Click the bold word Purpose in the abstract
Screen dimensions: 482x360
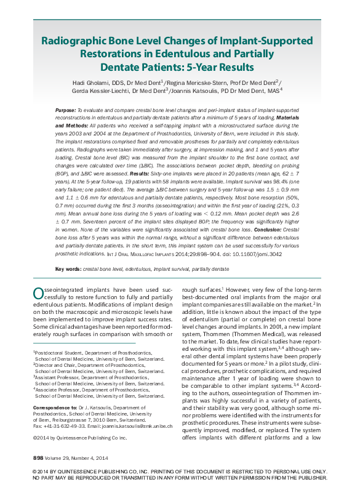[x=65, y=109]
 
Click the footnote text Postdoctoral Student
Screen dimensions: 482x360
[x=59, y=352]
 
